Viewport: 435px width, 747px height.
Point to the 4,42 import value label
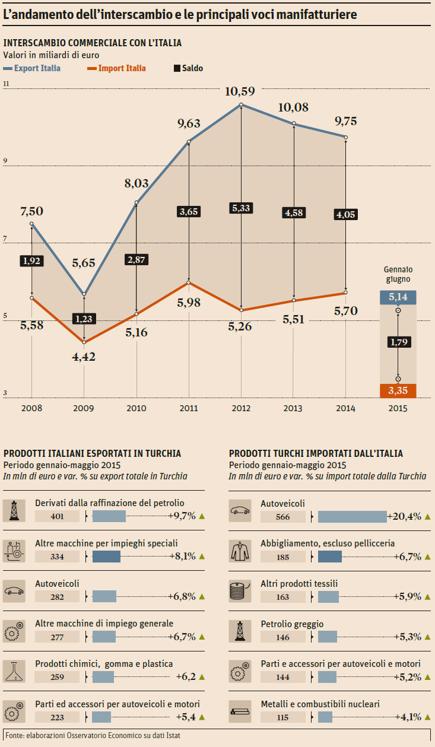click(x=84, y=357)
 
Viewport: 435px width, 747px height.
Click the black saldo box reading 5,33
click(x=242, y=208)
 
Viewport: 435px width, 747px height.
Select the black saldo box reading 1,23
click(x=84, y=319)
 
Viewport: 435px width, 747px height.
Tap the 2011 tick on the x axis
click(x=189, y=408)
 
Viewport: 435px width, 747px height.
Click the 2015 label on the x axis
click(x=398, y=408)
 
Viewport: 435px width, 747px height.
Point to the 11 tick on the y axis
click(x=7, y=84)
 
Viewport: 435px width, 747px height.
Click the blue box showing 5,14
click(x=398, y=297)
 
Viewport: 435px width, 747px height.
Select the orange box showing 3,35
click(x=398, y=390)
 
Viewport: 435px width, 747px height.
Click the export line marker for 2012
click(x=242, y=105)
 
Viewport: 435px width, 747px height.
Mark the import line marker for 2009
click(x=84, y=342)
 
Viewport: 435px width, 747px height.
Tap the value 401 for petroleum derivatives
click(x=57, y=516)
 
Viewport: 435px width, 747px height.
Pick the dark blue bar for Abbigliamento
click(x=330, y=557)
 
